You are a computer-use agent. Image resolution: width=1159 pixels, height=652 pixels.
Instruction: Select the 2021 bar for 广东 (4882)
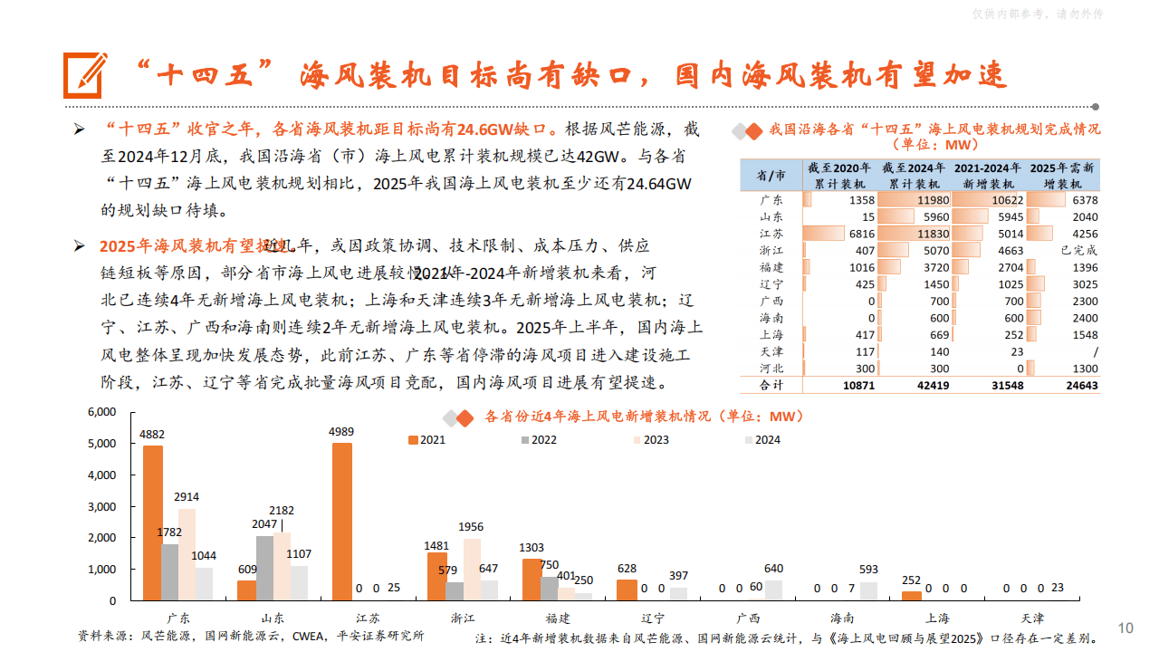[153, 523]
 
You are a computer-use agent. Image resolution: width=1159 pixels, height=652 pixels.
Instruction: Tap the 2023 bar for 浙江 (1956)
[472, 569]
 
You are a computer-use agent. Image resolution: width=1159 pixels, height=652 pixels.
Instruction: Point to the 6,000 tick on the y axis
[101, 412]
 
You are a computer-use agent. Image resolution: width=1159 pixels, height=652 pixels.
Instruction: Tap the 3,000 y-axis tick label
[101, 506]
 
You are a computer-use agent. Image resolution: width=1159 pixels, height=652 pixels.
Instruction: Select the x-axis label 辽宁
[653, 618]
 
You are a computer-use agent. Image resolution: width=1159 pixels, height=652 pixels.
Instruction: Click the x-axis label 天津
[1032, 618]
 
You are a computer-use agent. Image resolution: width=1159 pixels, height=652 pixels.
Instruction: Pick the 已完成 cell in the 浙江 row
[1078, 250]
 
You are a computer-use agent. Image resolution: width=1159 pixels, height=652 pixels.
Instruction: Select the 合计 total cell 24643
[1078, 386]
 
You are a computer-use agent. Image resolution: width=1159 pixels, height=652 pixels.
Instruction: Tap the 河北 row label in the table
[771, 369]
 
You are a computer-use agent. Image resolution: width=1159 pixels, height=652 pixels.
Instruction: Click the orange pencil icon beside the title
[85, 75]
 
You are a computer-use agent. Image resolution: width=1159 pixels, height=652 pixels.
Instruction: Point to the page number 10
[1125, 628]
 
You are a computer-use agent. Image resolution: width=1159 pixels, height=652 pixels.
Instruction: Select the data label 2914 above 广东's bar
[187, 497]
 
